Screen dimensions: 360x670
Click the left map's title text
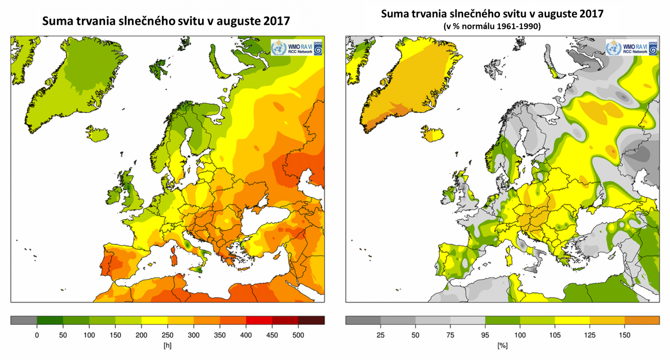[166, 21]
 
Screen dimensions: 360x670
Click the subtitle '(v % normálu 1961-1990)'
[492, 26]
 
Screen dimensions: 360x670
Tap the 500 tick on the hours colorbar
[298, 335]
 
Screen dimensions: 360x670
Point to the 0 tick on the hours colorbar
[37, 335]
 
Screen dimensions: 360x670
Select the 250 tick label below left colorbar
[167, 335]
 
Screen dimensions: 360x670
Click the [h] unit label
[167, 346]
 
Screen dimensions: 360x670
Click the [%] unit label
[502, 346]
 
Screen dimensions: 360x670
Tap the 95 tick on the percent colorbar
[485, 335]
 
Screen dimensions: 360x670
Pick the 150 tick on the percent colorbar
[624, 335]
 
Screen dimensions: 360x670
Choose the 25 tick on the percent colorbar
[380, 335]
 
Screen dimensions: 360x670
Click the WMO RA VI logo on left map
[297, 48]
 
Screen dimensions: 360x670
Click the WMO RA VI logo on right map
[631, 48]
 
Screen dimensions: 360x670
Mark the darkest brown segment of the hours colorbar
[311, 321]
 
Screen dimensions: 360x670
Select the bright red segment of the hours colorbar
[259, 321]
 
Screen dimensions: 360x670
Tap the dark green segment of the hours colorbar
[50, 321]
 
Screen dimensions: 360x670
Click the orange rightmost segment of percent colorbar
[642, 321]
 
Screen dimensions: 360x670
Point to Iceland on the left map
[98, 134]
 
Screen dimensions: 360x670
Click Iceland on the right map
[432, 134]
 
